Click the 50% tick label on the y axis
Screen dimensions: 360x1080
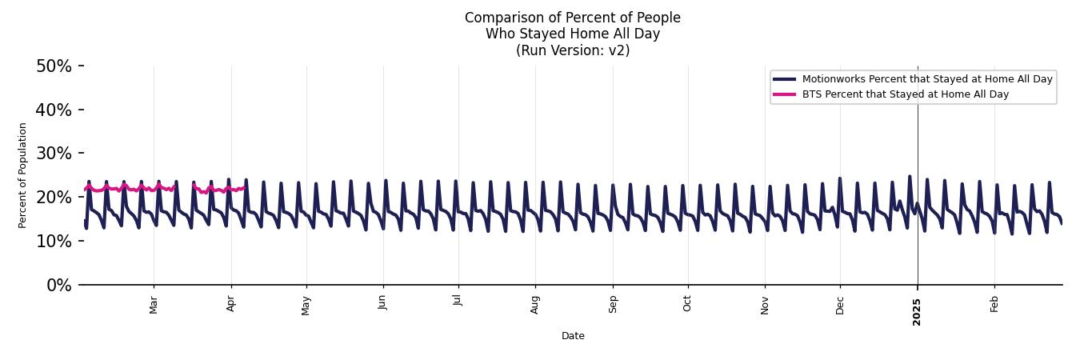pyautogui.click(x=54, y=66)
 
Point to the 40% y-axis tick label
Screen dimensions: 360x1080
pyautogui.click(x=54, y=110)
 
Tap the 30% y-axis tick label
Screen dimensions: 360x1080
pyautogui.click(x=54, y=154)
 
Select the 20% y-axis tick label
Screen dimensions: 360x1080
pyautogui.click(x=54, y=198)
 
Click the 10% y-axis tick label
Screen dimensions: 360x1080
pyautogui.click(x=54, y=241)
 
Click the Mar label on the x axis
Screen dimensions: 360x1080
pyautogui.click(x=154, y=305)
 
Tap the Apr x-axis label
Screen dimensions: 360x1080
pyautogui.click(x=231, y=304)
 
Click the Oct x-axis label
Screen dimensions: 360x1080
pyautogui.click(x=687, y=304)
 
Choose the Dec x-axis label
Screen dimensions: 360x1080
pyautogui.click(x=840, y=305)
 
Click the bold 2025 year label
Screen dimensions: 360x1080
pyautogui.click(x=918, y=306)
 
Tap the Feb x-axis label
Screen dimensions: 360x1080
pyautogui.click(x=994, y=304)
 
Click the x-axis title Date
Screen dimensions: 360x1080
pyautogui.click(x=573, y=336)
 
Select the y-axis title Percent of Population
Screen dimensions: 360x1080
pyautogui.click(x=23, y=175)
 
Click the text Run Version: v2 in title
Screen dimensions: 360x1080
pyautogui.click(x=573, y=50)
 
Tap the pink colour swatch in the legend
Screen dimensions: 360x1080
pyautogui.click(x=784, y=94)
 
